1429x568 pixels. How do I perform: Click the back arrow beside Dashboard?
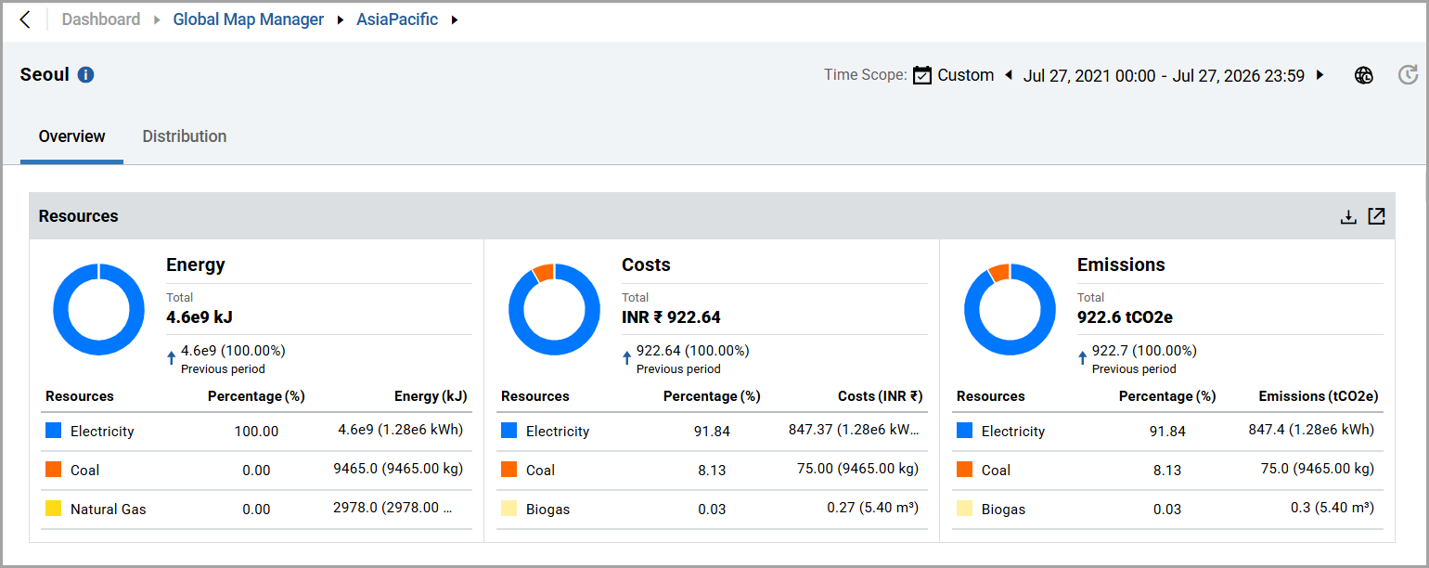[25, 19]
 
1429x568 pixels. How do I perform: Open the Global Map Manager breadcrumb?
[248, 19]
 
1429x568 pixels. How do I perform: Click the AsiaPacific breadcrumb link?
[397, 19]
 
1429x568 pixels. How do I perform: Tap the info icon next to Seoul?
[85, 74]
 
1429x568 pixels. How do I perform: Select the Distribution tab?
[185, 136]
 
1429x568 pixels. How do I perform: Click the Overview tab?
[71, 136]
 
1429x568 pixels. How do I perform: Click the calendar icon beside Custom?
[921, 75]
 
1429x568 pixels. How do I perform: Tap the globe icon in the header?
[1364, 75]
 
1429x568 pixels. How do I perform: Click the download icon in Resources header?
[1348, 217]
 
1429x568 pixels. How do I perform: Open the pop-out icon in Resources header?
[1377, 216]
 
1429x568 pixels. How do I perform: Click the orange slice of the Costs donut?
[544, 273]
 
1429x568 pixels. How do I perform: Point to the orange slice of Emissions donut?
[999, 273]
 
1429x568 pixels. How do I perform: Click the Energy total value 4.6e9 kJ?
[199, 317]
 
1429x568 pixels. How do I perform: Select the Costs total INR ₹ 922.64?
[671, 317]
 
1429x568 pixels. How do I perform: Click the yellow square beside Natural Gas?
[54, 508]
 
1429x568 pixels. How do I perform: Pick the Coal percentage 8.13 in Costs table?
[712, 471]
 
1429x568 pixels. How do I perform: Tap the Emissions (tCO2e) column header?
[1318, 396]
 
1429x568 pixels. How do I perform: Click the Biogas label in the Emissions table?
[1003, 510]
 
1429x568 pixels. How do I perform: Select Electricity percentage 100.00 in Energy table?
[256, 432]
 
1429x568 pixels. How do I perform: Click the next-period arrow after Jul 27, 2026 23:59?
[1320, 75]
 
